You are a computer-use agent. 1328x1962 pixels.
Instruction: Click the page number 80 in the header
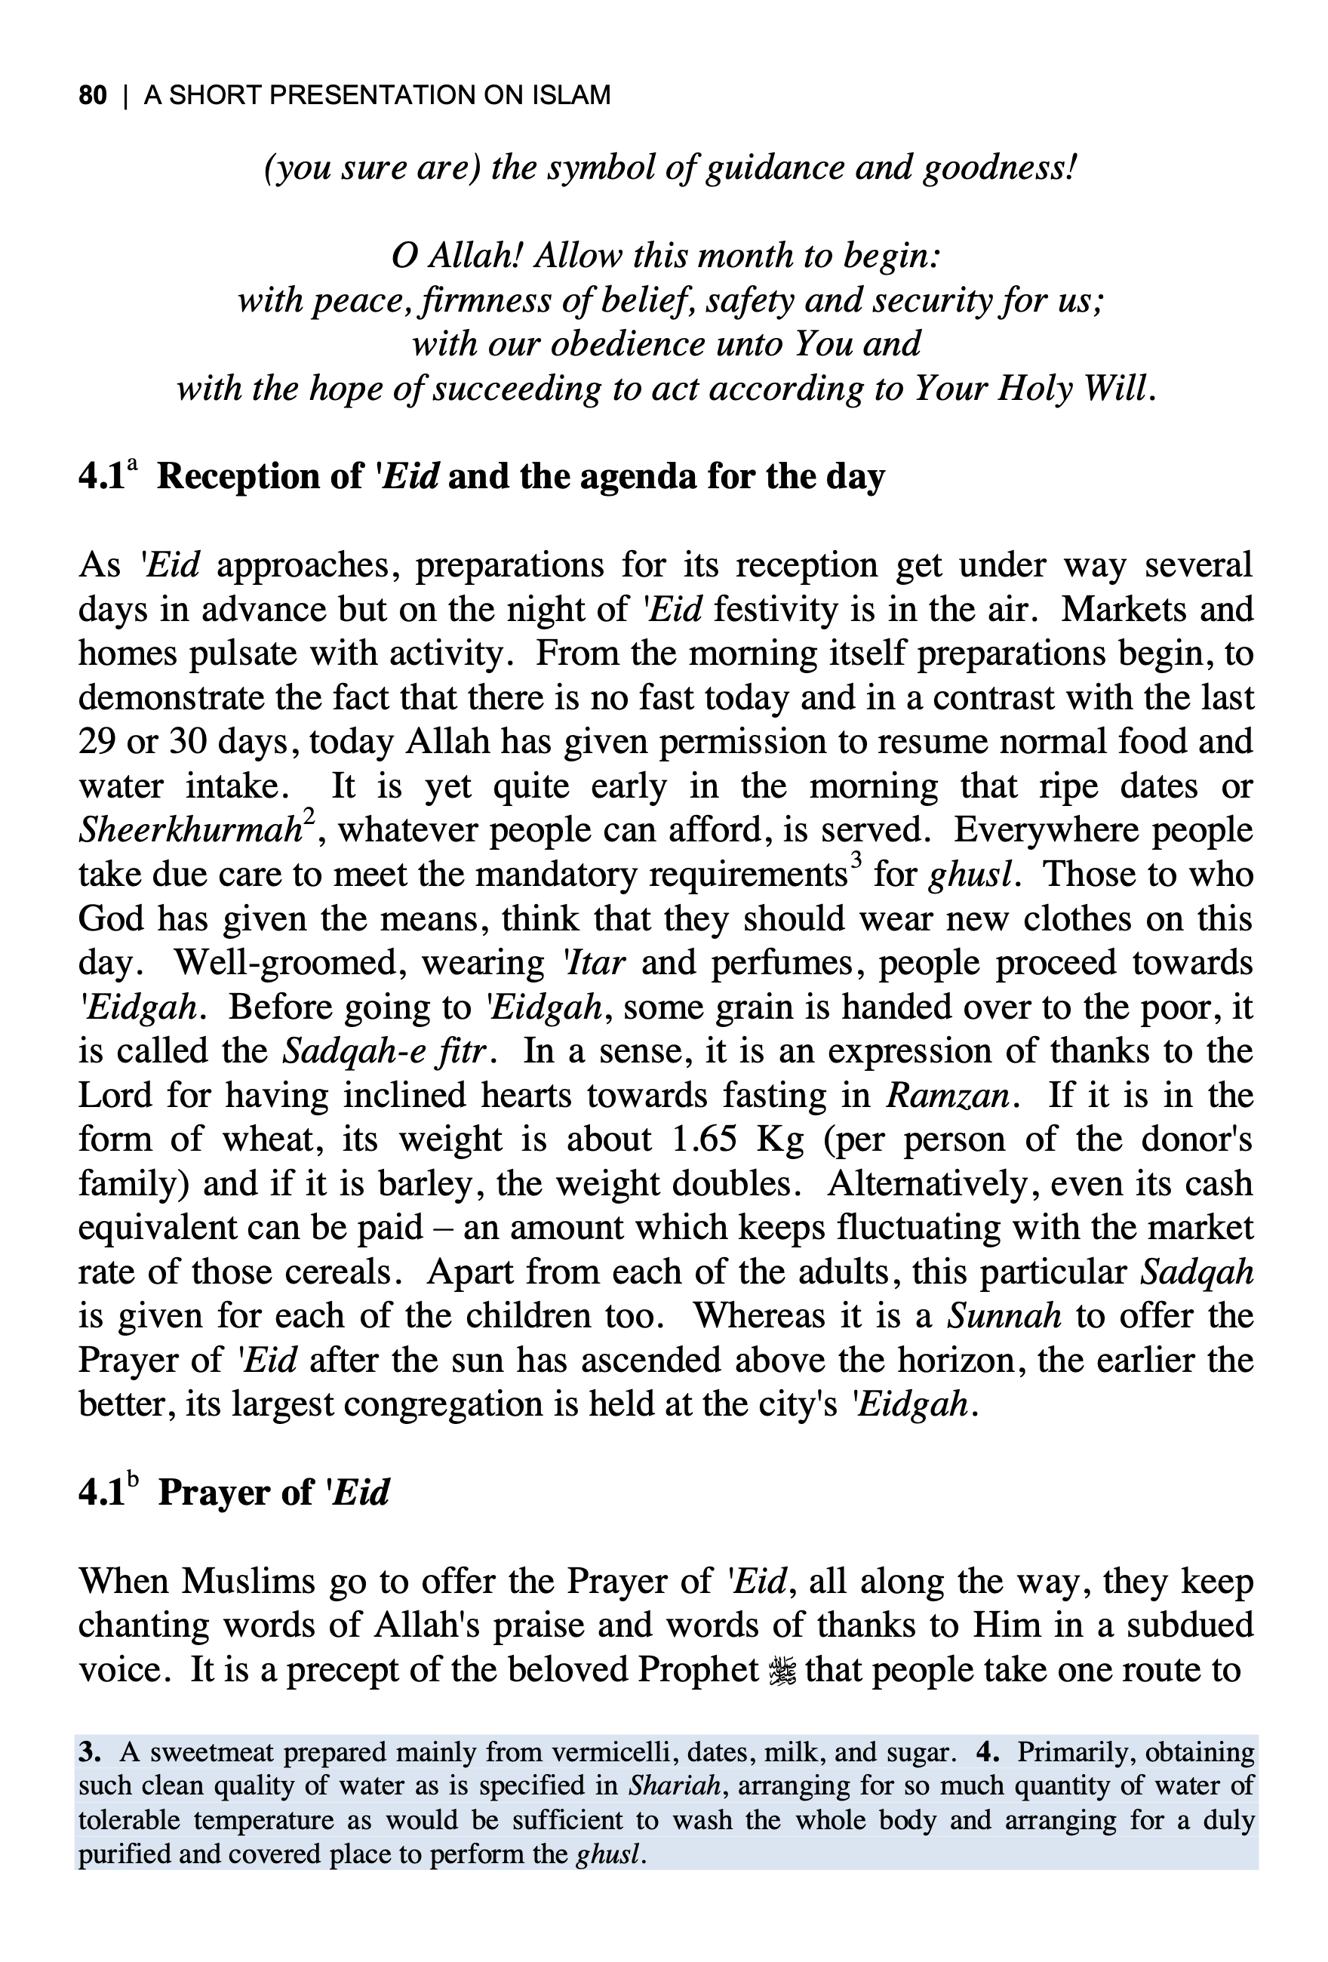pyautogui.click(x=93, y=95)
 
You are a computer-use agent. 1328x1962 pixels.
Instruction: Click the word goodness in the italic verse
pyautogui.click(x=1000, y=168)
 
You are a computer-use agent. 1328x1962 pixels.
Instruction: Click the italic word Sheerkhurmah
pyautogui.click(x=191, y=831)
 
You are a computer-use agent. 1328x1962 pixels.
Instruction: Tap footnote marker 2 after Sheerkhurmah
pyautogui.click(x=309, y=817)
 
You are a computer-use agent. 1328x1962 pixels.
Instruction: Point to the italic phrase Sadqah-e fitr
pyautogui.click(x=386, y=1052)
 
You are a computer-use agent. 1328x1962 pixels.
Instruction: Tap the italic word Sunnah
pyautogui.click(x=1004, y=1316)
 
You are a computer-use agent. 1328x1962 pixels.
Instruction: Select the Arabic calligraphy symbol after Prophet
pyautogui.click(x=782, y=1671)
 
